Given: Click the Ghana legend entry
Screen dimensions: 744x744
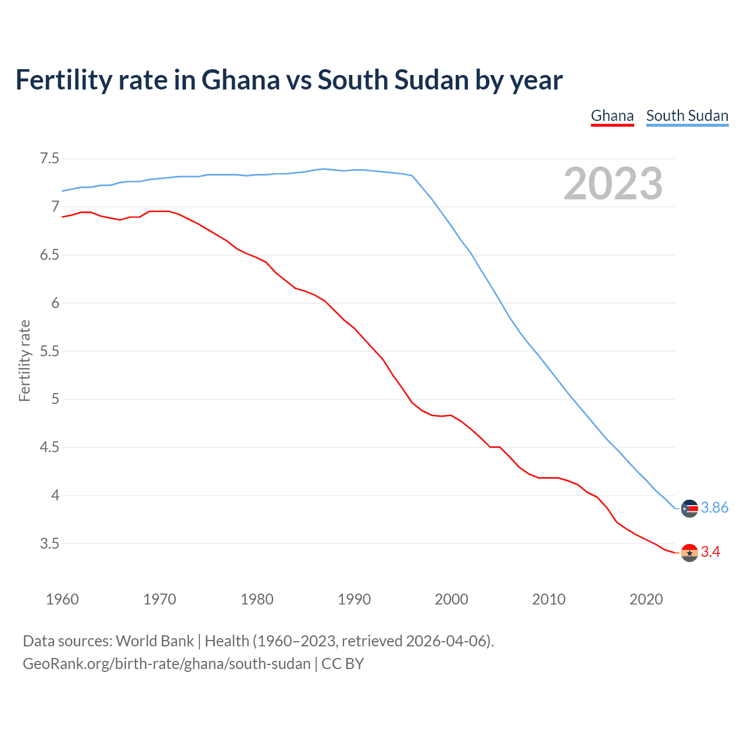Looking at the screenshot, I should click(x=612, y=116).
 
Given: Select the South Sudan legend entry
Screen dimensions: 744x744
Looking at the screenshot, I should click(x=687, y=116).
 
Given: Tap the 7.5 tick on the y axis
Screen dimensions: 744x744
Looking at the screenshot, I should click(x=49, y=159).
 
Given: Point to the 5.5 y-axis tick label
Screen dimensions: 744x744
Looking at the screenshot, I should click(x=49, y=351).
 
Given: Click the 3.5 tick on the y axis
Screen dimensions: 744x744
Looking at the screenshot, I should click(x=49, y=544).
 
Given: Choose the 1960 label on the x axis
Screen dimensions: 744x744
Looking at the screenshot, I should click(x=62, y=599).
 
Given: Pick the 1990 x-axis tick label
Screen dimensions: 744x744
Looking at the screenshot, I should click(x=354, y=599).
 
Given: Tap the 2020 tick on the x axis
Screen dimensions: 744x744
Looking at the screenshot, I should click(x=646, y=599).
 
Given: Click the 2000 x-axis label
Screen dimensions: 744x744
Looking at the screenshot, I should click(x=451, y=599).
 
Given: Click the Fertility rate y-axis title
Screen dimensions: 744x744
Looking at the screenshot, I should click(x=24, y=360).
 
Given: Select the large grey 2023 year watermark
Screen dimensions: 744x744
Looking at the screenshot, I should click(x=613, y=184).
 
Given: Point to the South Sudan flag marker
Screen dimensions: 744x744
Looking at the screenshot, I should click(x=689, y=508).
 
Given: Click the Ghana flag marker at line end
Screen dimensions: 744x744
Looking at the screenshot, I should click(x=689, y=552).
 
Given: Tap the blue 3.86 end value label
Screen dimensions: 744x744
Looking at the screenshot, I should click(x=714, y=508).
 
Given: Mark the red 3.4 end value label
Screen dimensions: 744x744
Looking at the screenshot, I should click(x=710, y=552).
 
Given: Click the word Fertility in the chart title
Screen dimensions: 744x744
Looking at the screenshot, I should click(x=63, y=80).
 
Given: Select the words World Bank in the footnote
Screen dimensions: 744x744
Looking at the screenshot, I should click(x=155, y=641).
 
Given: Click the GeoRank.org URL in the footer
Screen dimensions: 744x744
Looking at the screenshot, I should click(x=166, y=664).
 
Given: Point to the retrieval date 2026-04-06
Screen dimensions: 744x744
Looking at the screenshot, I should click(x=448, y=641).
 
